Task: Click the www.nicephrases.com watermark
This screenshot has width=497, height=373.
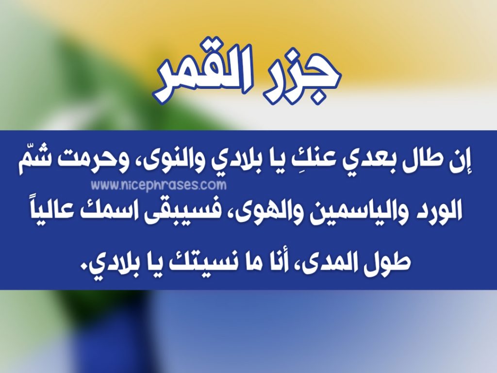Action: (x=159, y=185)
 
